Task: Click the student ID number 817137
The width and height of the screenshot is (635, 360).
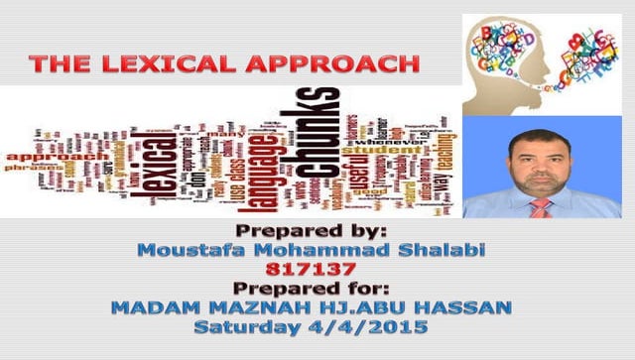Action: click(x=317, y=269)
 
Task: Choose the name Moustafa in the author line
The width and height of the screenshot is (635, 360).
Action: click(x=194, y=250)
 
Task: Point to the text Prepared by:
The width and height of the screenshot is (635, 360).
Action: click(x=317, y=232)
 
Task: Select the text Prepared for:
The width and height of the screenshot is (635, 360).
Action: click(x=317, y=288)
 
